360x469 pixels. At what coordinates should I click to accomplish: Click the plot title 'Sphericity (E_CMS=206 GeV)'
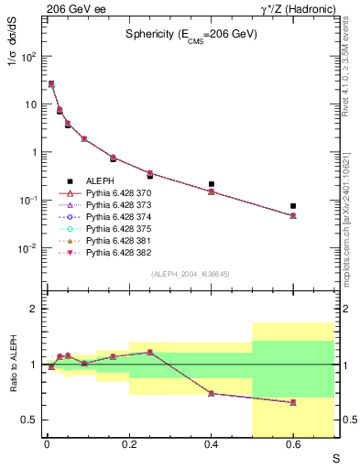coord(191,34)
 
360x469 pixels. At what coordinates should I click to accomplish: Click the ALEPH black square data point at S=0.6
coord(293,206)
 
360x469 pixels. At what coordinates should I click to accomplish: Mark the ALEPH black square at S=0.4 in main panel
coord(212,184)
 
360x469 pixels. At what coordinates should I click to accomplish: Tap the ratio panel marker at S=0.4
coord(212,393)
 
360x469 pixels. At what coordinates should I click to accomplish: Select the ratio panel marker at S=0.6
coord(293,402)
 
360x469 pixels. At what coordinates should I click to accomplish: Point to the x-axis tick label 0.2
coord(129,444)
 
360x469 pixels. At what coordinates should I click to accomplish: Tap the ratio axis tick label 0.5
coord(30,420)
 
